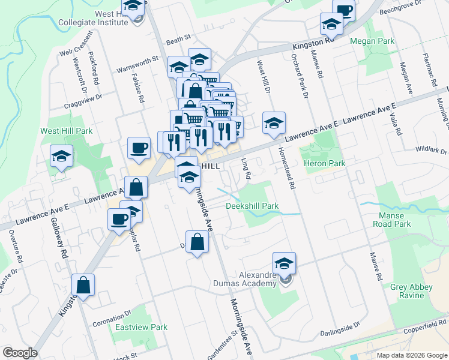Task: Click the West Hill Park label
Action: point(66,130)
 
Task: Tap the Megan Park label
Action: point(372,41)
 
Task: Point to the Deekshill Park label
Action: point(252,206)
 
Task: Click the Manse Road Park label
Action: point(394,220)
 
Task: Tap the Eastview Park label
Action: point(141,327)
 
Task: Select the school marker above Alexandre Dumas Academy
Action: point(284,262)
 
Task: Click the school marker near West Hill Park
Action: point(61,157)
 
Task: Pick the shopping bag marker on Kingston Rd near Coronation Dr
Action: point(83,286)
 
